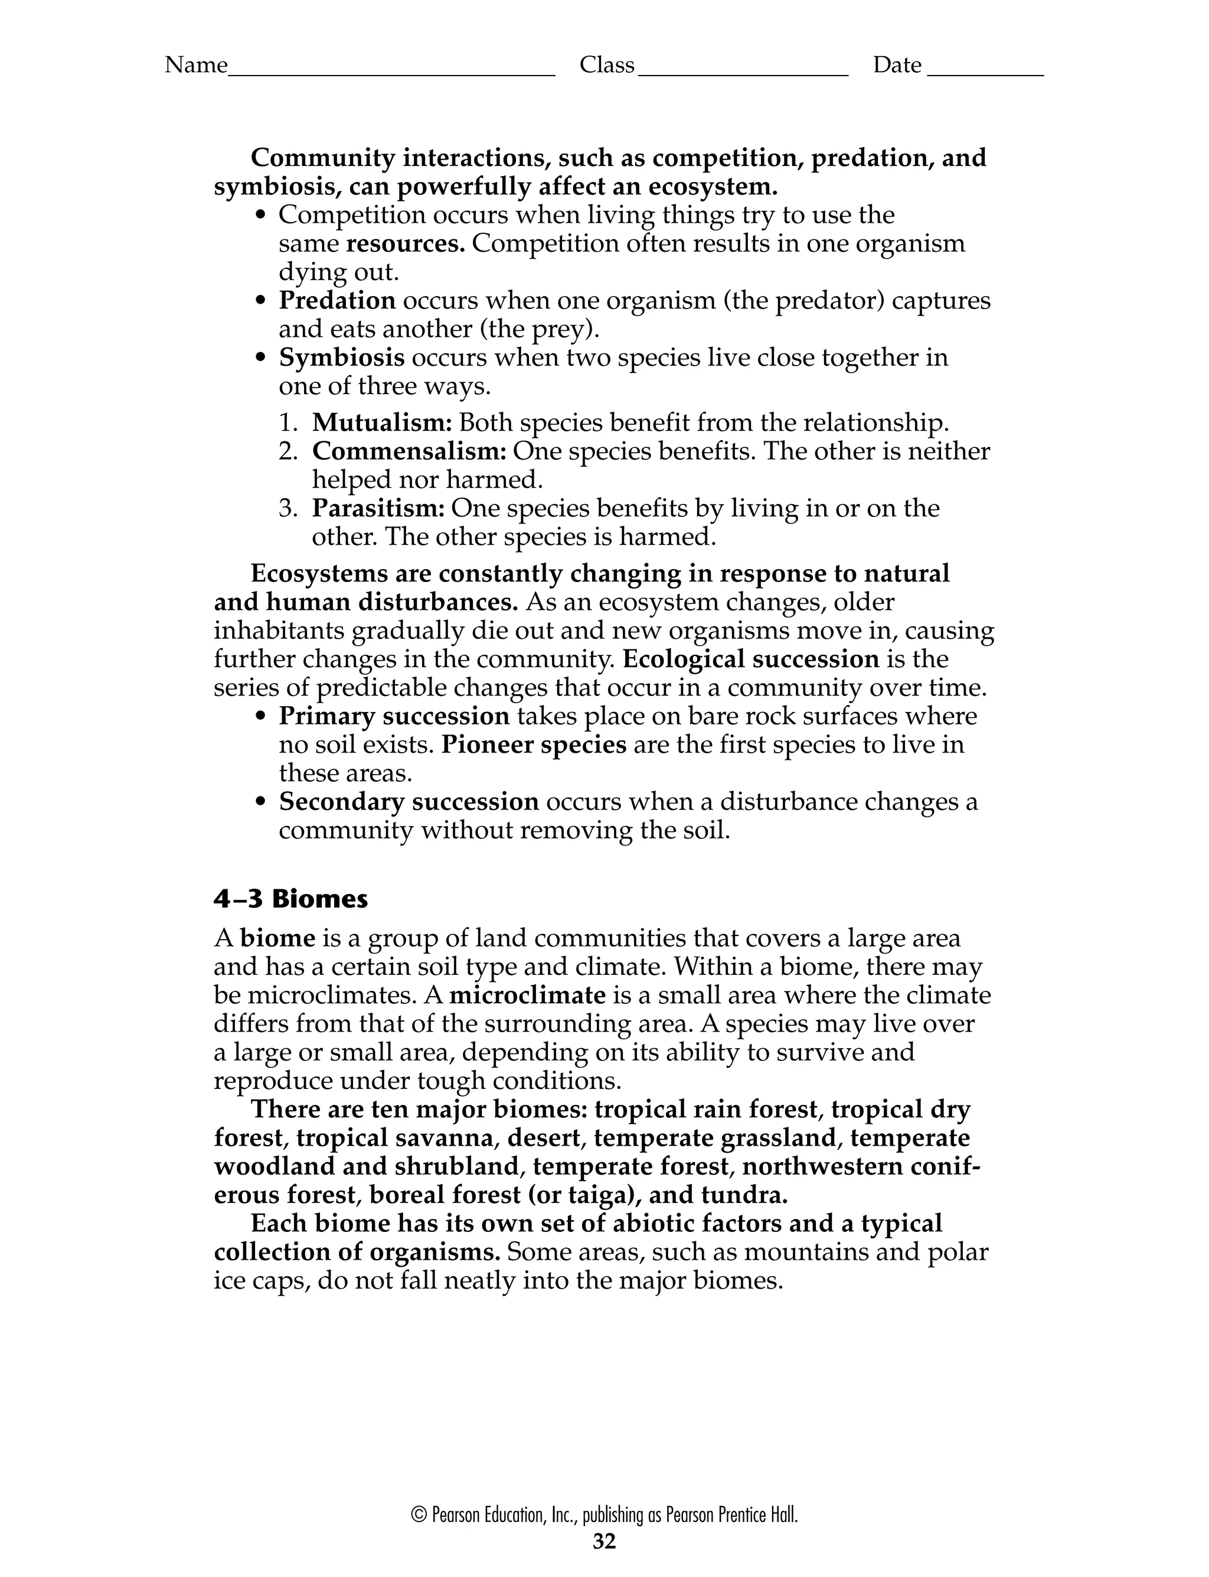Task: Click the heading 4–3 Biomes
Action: point(290,899)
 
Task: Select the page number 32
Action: point(604,1541)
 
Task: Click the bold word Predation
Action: point(337,300)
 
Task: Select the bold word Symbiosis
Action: point(341,358)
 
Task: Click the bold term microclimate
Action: point(528,995)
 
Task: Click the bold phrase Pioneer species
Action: point(534,744)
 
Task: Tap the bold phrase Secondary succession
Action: point(408,801)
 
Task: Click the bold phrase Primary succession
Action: point(394,717)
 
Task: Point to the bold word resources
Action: point(405,243)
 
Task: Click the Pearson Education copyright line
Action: point(604,1515)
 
